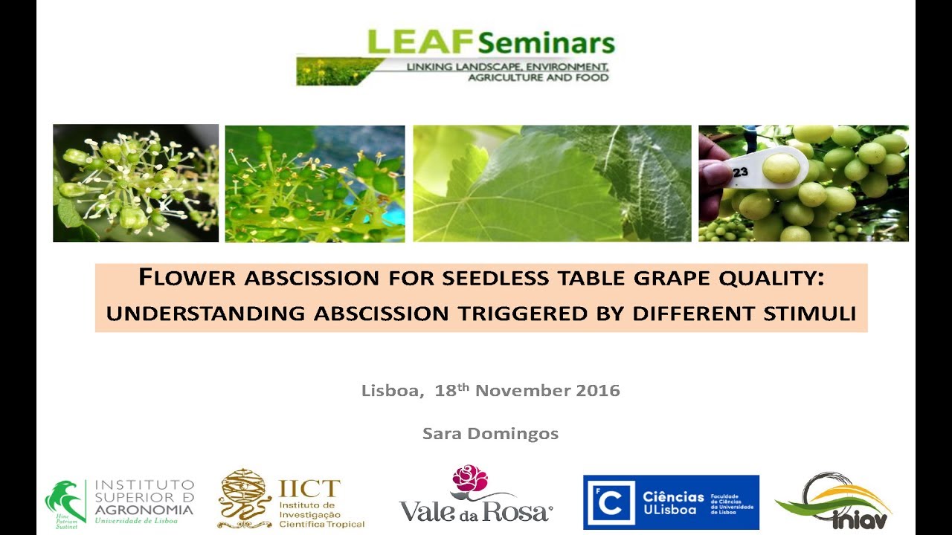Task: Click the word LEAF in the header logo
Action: coord(420,42)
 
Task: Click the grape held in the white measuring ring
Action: coord(780,168)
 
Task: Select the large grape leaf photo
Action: coord(552,183)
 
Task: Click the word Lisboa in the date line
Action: coord(390,390)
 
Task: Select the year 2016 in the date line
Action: coord(598,390)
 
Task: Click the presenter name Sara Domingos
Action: coord(490,433)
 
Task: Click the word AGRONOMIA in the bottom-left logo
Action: coord(144,510)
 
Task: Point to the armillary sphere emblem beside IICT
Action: coord(245,498)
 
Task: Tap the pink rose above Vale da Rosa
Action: coord(470,479)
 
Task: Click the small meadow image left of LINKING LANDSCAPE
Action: coord(339,71)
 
